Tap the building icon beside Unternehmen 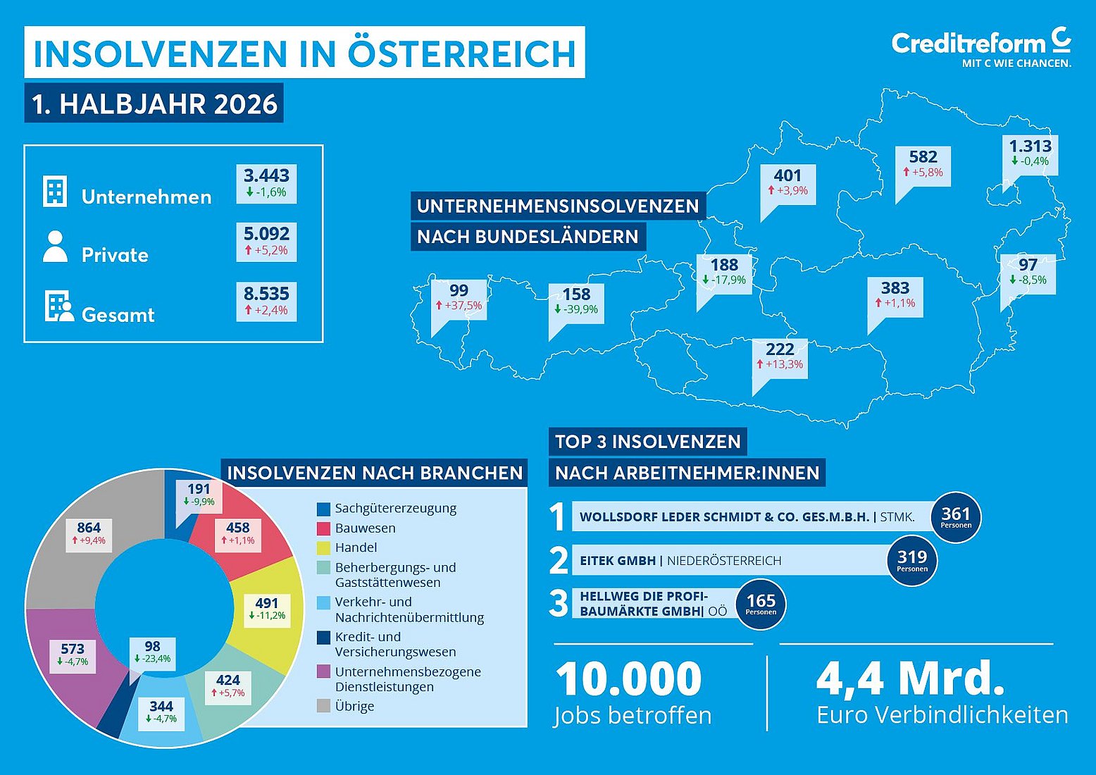[55, 192]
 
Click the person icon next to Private [55, 247]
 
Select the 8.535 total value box [266, 302]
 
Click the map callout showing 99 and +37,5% [459, 300]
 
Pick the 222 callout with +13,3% [780, 359]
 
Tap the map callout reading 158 [576, 304]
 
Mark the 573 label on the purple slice [73, 655]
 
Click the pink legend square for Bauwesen [323, 528]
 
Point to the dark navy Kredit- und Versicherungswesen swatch [323, 638]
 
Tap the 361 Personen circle [956, 517]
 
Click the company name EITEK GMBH [618, 560]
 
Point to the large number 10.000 [629, 678]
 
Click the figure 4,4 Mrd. [911, 679]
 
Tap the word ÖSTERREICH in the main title [462, 54]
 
